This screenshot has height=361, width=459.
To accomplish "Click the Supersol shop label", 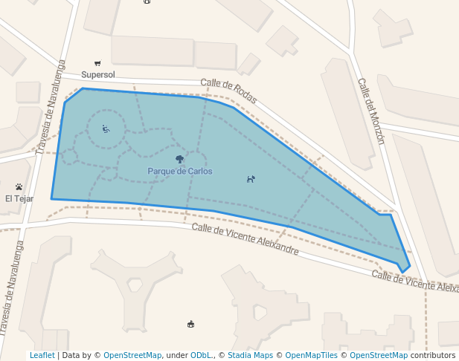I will point(97,74).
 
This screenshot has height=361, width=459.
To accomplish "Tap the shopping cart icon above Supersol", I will point(97,63).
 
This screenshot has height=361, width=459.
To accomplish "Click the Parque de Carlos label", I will point(179,171).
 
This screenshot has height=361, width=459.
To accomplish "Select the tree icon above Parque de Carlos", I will point(179,159).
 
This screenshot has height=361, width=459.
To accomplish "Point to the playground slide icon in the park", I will point(106,129).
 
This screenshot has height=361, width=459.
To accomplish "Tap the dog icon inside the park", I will point(251,179).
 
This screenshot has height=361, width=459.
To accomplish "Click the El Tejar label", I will point(19,198).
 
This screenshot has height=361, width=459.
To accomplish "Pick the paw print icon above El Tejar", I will point(19,186).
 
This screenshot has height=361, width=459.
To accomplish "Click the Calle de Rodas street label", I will point(228,91).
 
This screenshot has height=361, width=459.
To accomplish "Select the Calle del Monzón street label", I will point(370,111).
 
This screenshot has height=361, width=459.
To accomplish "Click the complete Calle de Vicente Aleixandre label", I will point(245,239).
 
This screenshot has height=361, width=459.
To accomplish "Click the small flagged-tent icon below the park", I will point(191,324).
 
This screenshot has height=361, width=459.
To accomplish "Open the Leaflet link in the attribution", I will point(42,355).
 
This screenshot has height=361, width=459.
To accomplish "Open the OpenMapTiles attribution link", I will point(312,355).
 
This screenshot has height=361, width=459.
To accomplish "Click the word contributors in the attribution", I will point(432,355).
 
